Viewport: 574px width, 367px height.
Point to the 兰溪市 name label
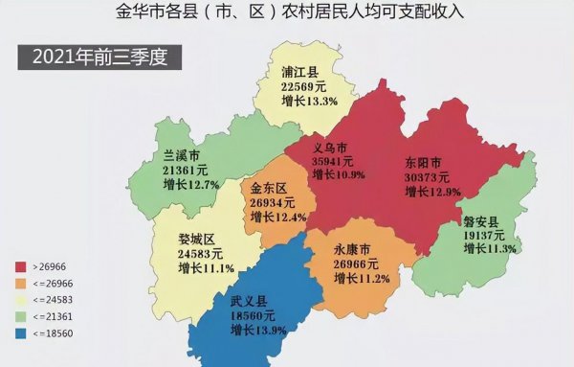pyautogui.click(x=182, y=155)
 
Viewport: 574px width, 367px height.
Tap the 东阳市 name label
pyautogui.click(x=423, y=162)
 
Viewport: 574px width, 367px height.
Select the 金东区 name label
pyautogui.click(x=270, y=188)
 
